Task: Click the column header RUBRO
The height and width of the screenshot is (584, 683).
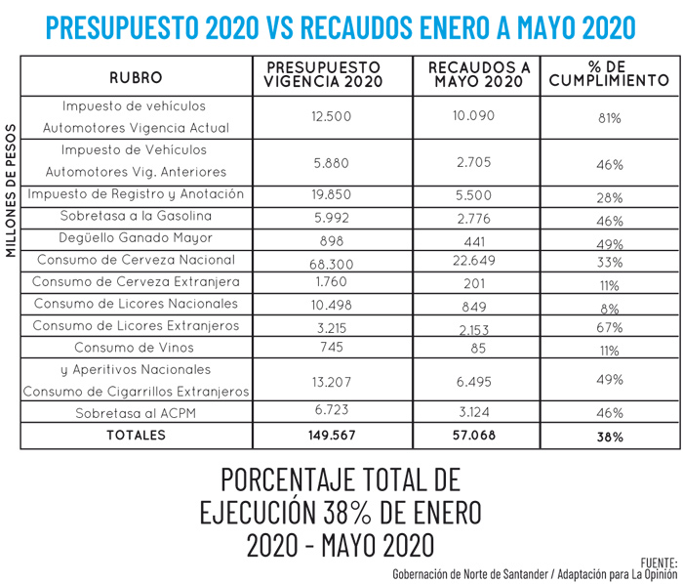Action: coord(136,76)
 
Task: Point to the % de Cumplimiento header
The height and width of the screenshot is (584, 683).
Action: coord(609,75)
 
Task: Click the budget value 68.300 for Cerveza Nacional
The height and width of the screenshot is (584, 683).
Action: coord(332,260)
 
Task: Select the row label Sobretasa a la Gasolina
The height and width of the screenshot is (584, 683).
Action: coord(135,216)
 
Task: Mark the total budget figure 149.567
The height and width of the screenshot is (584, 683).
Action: coord(332,436)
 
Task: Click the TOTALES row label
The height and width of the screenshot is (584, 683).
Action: coord(136,436)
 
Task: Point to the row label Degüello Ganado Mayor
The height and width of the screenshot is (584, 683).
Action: coord(135,238)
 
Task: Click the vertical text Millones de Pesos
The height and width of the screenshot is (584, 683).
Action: coord(11,190)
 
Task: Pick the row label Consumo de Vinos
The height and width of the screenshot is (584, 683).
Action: coord(135,348)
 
